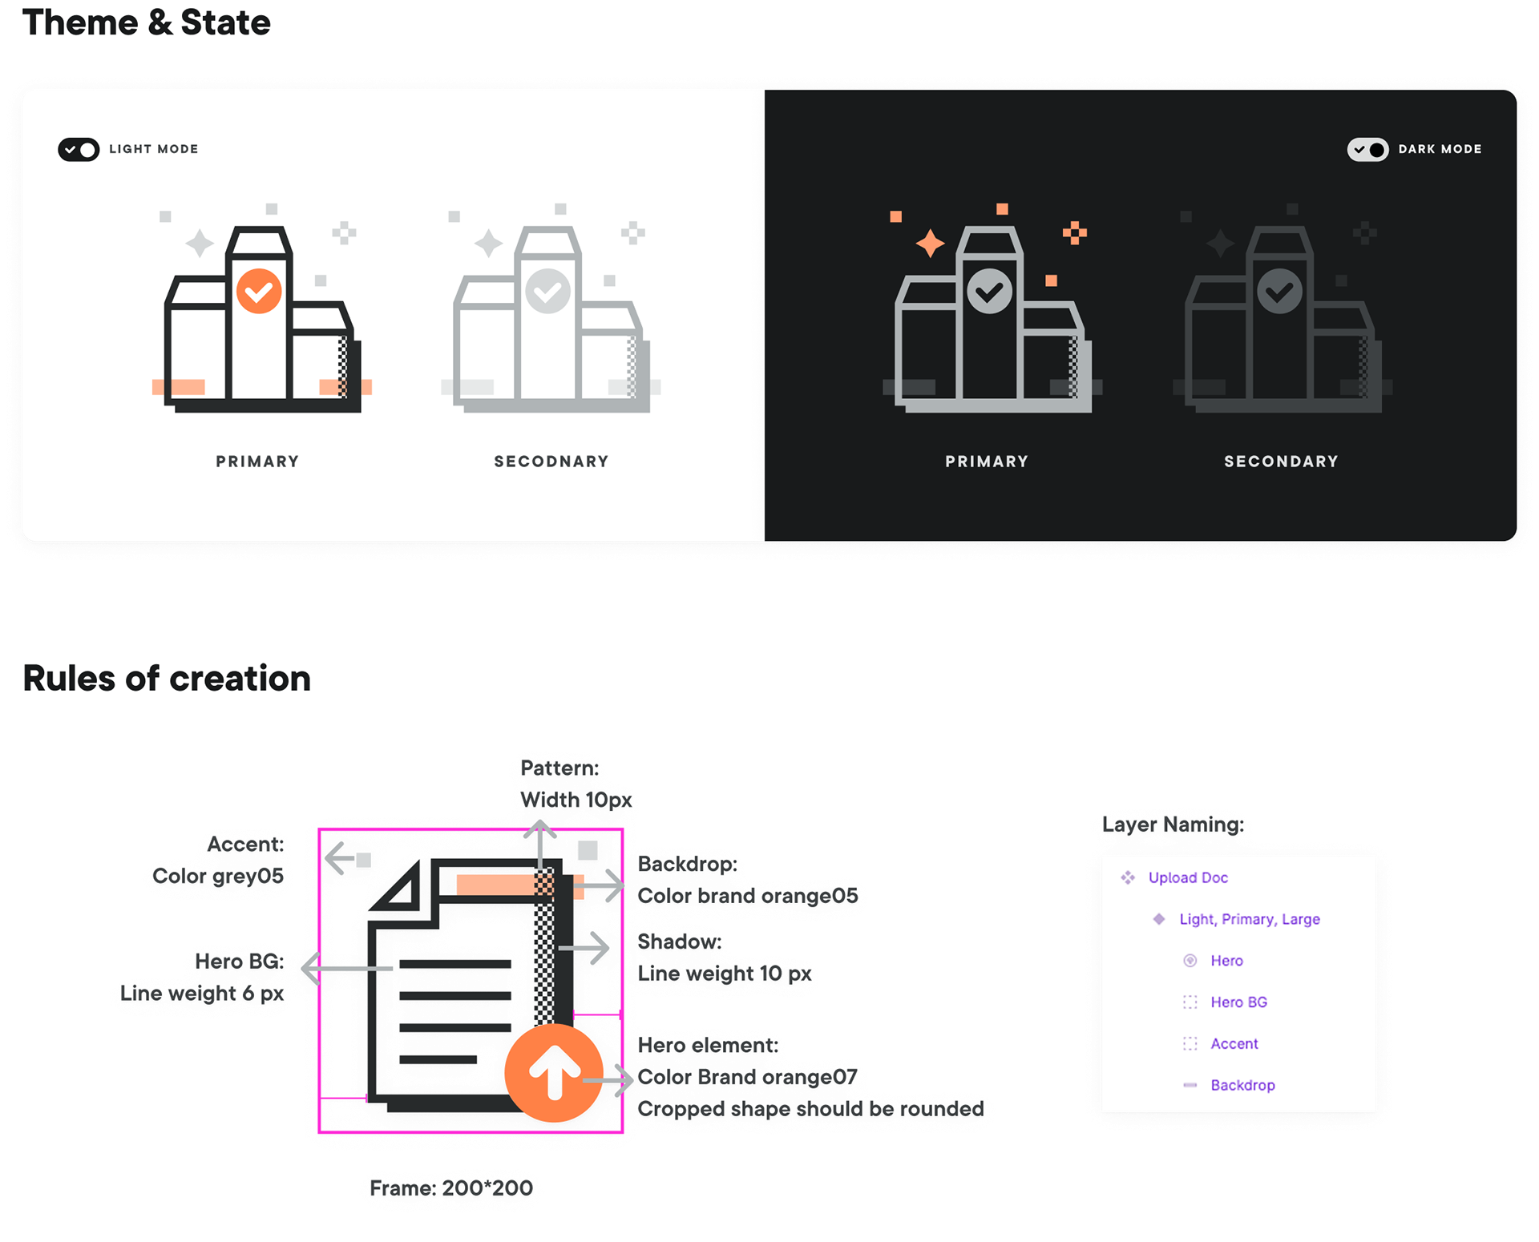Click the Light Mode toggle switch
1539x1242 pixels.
tap(79, 150)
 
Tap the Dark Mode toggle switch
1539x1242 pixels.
tap(1367, 150)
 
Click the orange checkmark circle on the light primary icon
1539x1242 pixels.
tap(259, 291)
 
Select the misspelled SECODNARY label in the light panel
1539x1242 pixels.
tap(551, 462)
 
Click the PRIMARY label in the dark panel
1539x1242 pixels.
tap(987, 462)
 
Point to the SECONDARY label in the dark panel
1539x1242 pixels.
tap(1281, 462)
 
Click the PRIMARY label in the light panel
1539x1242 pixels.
tap(257, 462)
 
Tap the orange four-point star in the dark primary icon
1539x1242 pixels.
tap(930, 243)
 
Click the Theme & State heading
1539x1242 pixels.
tap(146, 22)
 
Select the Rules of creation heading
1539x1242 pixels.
tap(167, 679)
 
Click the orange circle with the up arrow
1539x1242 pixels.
tap(553, 1073)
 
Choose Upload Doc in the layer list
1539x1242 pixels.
tap(1188, 877)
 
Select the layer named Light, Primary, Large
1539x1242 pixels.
tap(1249, 919)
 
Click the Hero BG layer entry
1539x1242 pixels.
tap(1238, 1002)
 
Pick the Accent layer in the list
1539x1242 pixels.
tap(1234, 1044)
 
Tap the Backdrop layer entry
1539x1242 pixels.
tap(1242, 1086)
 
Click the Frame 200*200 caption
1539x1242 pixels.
tap(450, 1188)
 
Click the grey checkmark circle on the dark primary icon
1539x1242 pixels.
tap(989, 291)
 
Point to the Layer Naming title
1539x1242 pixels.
tap(1171, 825)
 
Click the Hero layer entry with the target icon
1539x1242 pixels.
tap(1226, 961)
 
